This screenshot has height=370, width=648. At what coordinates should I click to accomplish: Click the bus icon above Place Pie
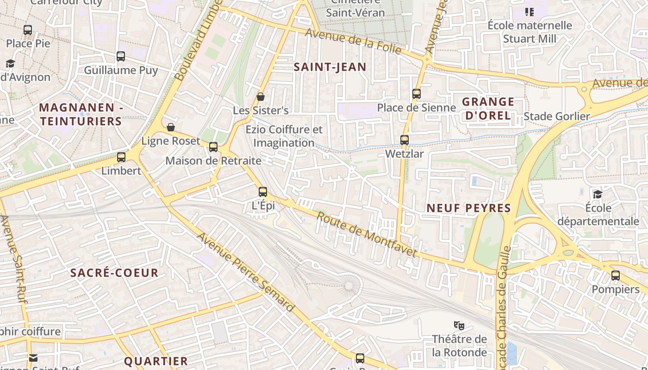(28, 30)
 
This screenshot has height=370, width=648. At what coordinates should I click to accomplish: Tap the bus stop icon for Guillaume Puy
(121, 56)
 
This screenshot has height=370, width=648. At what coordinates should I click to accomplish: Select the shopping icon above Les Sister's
(261, 97)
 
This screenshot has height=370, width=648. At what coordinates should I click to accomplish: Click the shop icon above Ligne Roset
(171, 127)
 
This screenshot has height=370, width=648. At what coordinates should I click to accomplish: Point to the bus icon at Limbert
(121, 157)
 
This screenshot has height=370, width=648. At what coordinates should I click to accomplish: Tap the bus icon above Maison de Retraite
(213, 147)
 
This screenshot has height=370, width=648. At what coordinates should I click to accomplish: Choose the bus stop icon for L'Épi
(263, 191)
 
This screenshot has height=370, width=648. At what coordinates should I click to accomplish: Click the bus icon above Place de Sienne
(417, 94)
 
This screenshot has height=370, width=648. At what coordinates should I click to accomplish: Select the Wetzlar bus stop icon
(405, 140)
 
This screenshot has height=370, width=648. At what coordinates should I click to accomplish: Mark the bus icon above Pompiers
(616, 276)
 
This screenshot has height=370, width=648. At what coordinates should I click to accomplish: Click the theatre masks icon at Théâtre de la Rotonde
(459, 325)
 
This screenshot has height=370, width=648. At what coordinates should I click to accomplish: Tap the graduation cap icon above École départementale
(598, 194)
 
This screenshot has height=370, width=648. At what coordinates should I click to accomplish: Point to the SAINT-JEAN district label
(330, 67)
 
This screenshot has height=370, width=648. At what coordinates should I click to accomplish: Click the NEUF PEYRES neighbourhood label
(468, 208)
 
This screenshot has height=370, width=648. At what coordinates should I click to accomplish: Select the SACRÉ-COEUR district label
(114, 273)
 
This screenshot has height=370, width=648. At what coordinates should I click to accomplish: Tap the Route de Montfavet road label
(367, 234)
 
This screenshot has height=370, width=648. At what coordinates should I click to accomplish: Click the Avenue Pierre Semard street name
(246, 272)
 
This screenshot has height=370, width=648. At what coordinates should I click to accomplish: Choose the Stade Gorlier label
(557, 117)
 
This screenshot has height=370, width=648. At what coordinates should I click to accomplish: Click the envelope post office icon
(33, 358)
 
